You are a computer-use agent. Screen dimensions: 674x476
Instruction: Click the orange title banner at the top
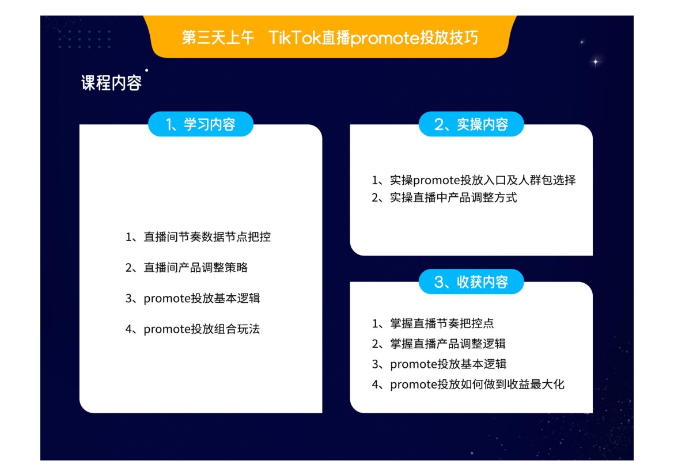tap(330, 36)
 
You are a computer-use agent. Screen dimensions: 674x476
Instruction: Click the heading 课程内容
tap(111, 82)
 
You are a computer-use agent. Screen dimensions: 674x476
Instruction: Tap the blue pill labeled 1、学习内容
tap(200, 124)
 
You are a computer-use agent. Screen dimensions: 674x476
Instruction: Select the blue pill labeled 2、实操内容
tap(471, 124)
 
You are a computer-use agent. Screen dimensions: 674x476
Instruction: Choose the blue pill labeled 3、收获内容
tap(471, 282)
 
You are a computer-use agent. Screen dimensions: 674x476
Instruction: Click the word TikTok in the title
tap(295, 38)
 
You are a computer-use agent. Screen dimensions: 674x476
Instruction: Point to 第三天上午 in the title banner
tap(218, 38)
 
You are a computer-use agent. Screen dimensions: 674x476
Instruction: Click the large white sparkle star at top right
tap(595, 62)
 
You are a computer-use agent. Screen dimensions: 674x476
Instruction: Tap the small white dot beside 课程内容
tap(146, 70)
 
